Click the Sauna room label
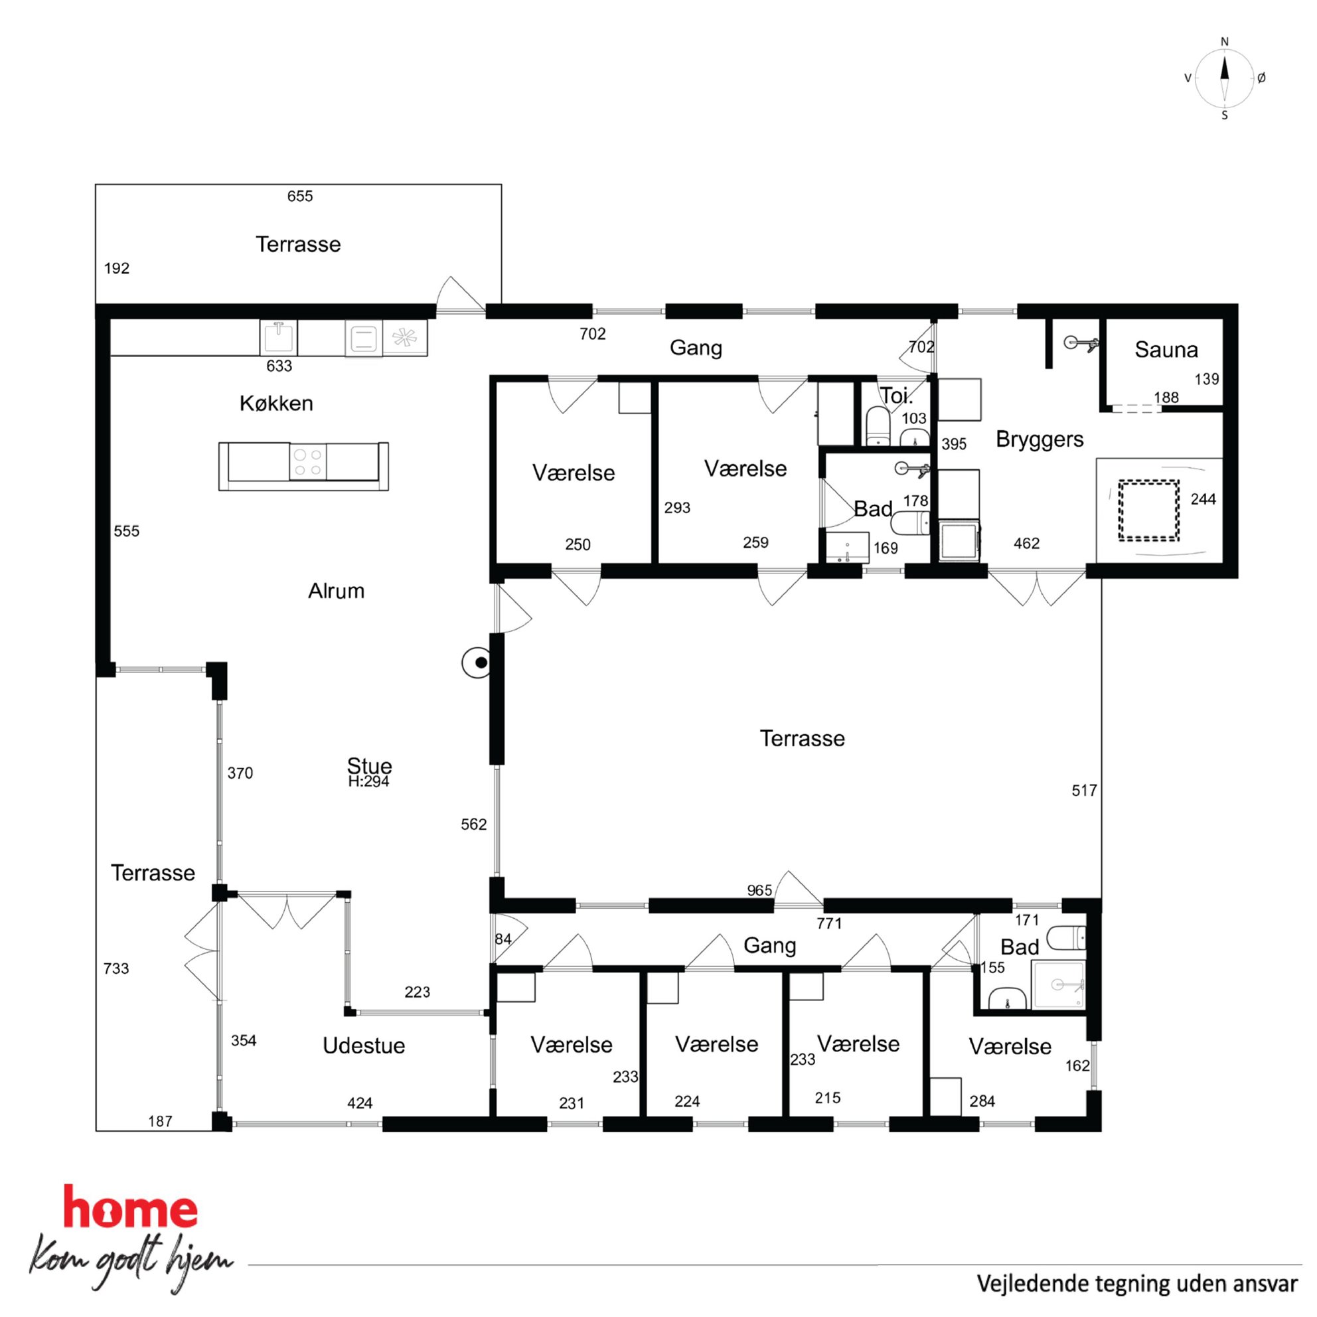point(1166,350)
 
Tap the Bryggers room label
point(1040,439)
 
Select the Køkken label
point(276,403)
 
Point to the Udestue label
point(363,1045)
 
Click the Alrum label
point(336,590)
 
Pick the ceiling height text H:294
point(368,782)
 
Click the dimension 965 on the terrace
point(759,890)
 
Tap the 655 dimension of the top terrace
point(300,196)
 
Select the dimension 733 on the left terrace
point(116,968)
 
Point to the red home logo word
point(130,1207)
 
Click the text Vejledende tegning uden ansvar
point(1137,1284)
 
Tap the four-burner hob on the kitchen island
point(307,462)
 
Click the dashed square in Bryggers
point(1148,510)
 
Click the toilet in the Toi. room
point(878,426)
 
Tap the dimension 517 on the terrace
point(1084,791)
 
